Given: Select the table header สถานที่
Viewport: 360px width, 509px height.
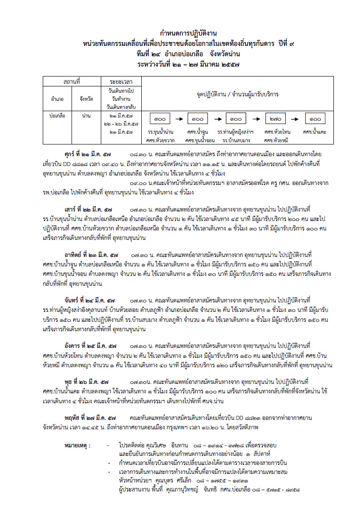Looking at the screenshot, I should (x=72, y=82).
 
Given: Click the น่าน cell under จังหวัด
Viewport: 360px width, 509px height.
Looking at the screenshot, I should (x=86, y=116).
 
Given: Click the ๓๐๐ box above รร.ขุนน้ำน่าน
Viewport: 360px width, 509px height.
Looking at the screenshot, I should (x=160, y=119).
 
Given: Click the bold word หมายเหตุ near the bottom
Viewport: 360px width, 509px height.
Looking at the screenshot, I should (x=78, y=446).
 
